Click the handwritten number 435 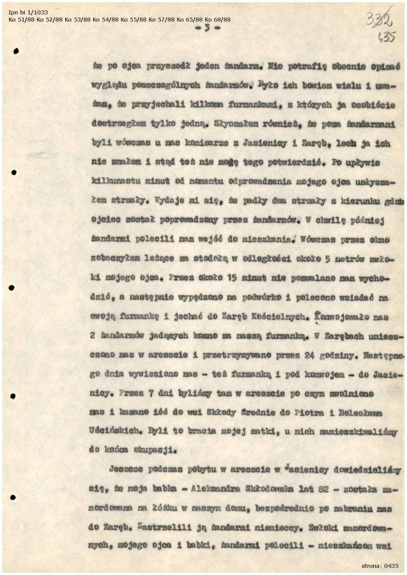[387, 38]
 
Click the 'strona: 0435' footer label [380, 565]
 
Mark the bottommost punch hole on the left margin [13, 496]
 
